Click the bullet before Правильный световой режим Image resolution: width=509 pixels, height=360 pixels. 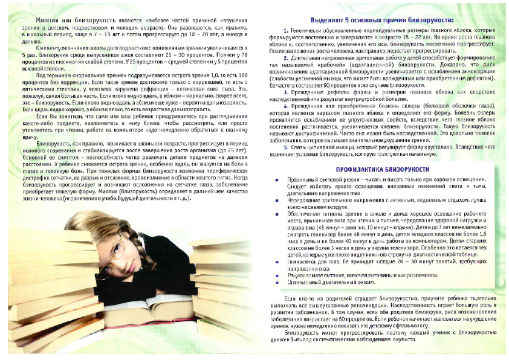coord(277,181)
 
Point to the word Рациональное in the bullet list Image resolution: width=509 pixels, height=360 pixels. coord(305,275)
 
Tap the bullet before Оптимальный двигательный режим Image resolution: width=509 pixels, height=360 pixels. coord(277,283)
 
